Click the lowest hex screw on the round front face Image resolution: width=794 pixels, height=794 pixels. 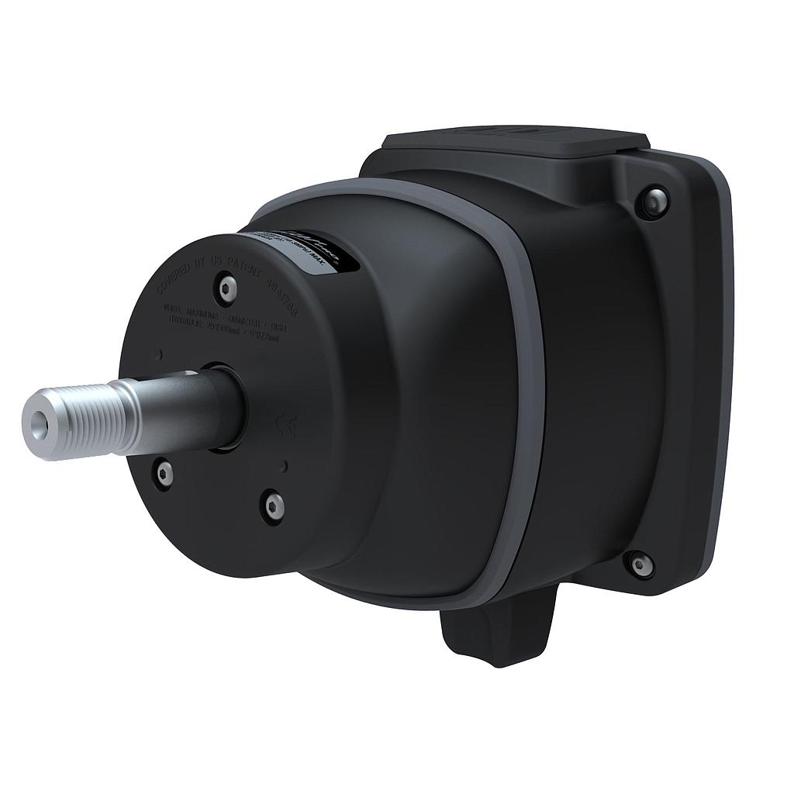[x=274, y=506]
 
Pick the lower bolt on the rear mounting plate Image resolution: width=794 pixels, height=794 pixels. [x=640, y=564]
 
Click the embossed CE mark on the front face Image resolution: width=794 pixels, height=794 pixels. [x=286, y=425]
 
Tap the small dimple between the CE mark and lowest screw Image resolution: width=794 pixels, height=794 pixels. [x=286, y=465]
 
